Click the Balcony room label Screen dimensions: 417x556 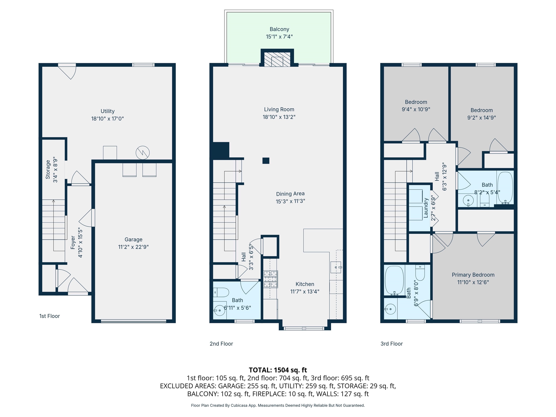pos(279,29)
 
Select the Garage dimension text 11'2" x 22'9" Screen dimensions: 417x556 pos(133,247)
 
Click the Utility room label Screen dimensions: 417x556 pos(107,111)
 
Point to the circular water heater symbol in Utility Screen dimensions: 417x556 pos(142,153)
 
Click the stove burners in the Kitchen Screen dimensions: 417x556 pos(270,279)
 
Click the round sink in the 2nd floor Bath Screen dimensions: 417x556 pos(219,310)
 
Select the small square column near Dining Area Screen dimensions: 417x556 pos(266,161)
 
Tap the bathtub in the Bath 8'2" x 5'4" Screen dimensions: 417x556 pos(505,188)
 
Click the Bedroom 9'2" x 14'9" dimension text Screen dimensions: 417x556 pos(481,118)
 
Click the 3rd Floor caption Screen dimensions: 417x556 pos(391,344)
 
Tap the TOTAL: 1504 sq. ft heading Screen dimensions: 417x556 pos(278,370)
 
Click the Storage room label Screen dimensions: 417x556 pos(48,169)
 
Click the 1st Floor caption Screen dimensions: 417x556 pos(50,316)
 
